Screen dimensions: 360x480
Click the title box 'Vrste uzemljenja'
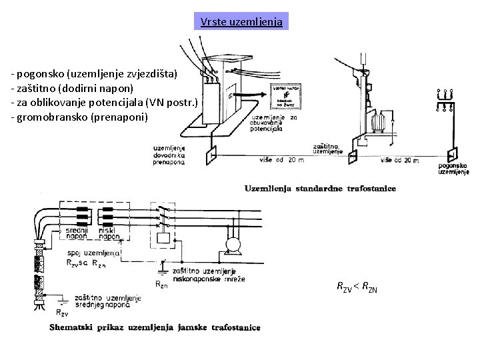tap(242, 22)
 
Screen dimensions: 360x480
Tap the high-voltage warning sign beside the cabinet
tap(286, 95)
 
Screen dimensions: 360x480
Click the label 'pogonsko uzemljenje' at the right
tap(453, 168)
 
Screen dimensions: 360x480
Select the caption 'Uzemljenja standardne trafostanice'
tap(320, 189)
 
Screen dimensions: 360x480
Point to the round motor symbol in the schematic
tap(233, 245)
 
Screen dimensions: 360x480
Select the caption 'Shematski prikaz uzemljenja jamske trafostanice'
tap(155, 327)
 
